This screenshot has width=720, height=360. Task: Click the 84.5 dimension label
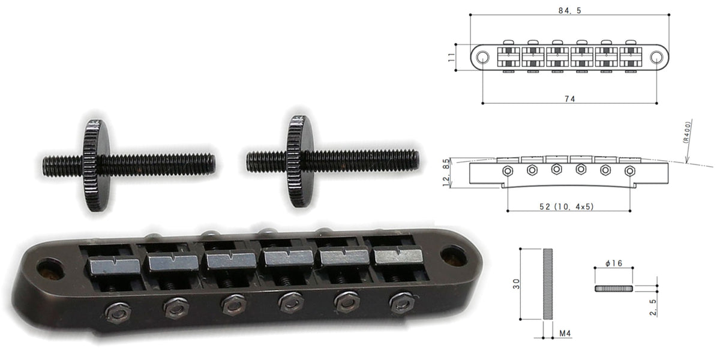pyautogui.click(x=569, y=11)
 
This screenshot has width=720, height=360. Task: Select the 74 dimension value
pyautogui.click(x=569, y=99)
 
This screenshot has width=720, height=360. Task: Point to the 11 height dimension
pyautogui.click(x=452, y=58)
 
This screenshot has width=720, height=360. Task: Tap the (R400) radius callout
pyautogui.click(x=686, y=132)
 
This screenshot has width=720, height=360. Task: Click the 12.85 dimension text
pyautogui.click(x=446, y=173)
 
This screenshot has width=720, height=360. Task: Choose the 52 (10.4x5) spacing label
pyautogui.click(x=566, y=206)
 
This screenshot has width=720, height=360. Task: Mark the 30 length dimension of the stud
pyautogui.click(x=516, y=284)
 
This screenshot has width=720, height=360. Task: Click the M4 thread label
pyautogui.click(x=565, y=334)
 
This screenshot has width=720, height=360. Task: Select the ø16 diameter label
pyautogui.click(x=614, y=263)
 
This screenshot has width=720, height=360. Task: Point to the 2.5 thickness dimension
pyautogui.click(x=653, y=308)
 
